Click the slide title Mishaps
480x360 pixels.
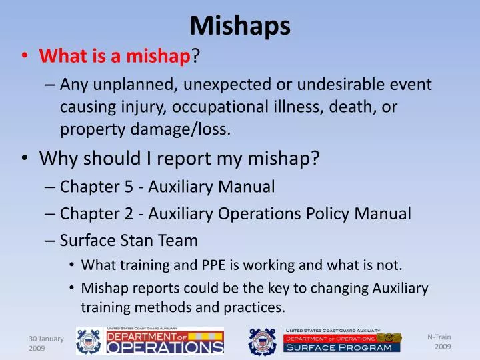click(x=240, y=25)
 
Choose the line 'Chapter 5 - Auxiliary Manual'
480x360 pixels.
click(x=167, y=187)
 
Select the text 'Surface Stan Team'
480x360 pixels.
click(x=129, y=240)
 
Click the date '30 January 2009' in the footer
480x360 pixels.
click(x=46, y=343)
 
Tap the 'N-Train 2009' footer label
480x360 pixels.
click(x=439, y=341)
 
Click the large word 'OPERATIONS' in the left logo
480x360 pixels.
click(x=166, y=347)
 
